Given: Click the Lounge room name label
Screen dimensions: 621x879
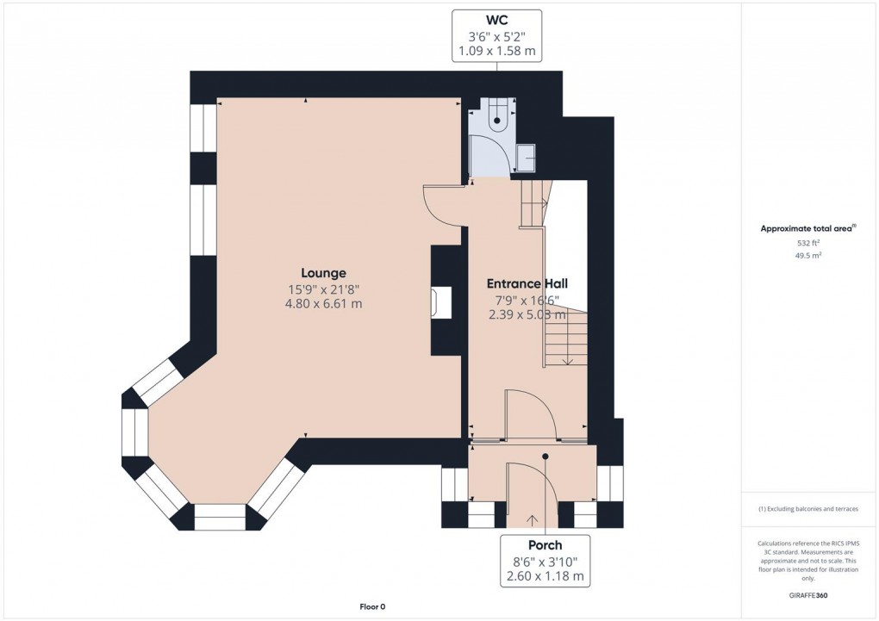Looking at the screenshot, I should (x=323, y=273).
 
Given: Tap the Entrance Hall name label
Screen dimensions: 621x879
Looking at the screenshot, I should (x=527, y=283).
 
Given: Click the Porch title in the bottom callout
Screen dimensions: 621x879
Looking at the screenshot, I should (x=545, y=544).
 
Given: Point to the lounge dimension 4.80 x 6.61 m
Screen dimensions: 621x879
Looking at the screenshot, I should (x=323, y=303).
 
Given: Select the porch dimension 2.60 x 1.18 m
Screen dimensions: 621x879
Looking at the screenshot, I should (x=545, y=576).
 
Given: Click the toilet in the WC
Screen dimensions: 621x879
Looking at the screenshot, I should (x=496, y=119).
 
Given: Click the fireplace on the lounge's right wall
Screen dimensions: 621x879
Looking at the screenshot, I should (x=441, y=303).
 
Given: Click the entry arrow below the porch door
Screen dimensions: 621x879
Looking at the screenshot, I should (x=531, y=519).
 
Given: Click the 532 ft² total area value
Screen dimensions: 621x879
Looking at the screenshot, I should (x=807, y=243).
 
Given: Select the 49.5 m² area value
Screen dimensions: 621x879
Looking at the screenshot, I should (x=807, y=256).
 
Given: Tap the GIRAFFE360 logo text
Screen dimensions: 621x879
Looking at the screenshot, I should (x=807, y=595).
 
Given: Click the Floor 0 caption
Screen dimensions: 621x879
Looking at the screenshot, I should (x=372, y=606).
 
